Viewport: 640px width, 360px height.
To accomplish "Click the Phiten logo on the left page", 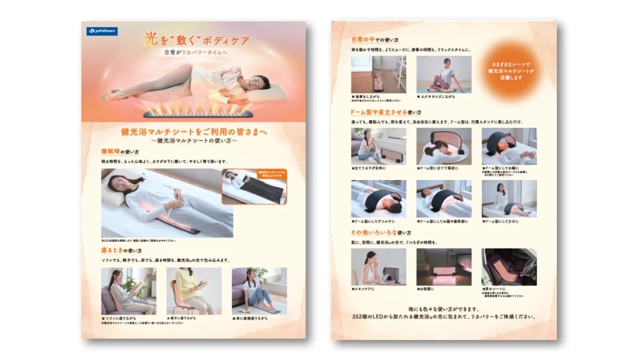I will pyautogui.click(x=99, y=31).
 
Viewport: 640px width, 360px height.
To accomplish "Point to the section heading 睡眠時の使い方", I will pyautogui.click(x=119, y=151).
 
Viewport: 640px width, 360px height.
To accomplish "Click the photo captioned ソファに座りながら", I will pyautogui.click(x=128, y=291).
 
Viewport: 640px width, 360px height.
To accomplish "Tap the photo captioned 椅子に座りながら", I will pyautogui.click(x=193, y=291).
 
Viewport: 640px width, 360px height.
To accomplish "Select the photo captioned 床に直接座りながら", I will pyautogui.click(x=259, y=291).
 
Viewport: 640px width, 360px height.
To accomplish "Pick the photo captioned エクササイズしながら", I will pyautogui.click(x=444, y=74).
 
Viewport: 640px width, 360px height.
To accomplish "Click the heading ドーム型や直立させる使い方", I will pyautogui.click(x=390, y=112).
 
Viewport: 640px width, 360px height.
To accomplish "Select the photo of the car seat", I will pyautogui.click(x=509, y=266).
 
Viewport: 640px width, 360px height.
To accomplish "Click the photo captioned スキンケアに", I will pyautogui.click(x=378, y=266).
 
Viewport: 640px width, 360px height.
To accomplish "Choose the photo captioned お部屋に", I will pyautogui.click(x=444, y=266).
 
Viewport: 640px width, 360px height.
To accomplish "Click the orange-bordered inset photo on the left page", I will pyautogui.click(x=254, y=186).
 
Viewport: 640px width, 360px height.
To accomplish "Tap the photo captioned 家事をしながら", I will pyautogui.click(x=378, y=74).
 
